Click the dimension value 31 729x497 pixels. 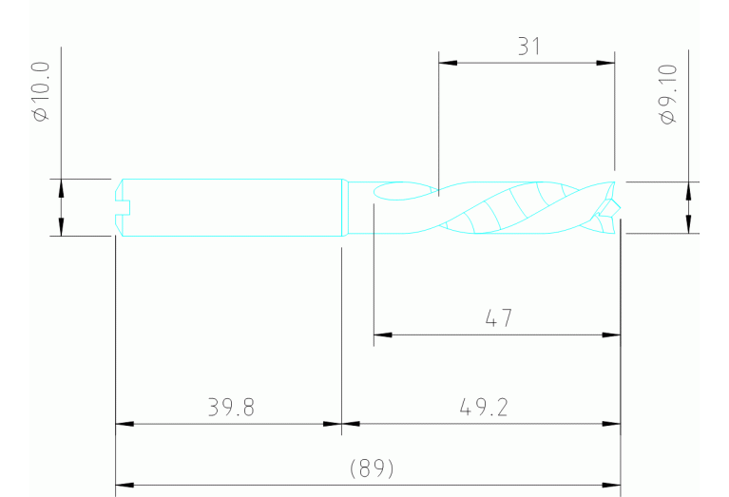[528, 47]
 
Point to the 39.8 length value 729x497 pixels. [231, 408]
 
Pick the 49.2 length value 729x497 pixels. [483, 408]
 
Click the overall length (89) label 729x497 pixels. [372, 468]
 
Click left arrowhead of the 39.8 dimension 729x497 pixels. [123, 424]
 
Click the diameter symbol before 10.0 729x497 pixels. [40, 114]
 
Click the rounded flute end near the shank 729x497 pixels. [379, 193]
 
